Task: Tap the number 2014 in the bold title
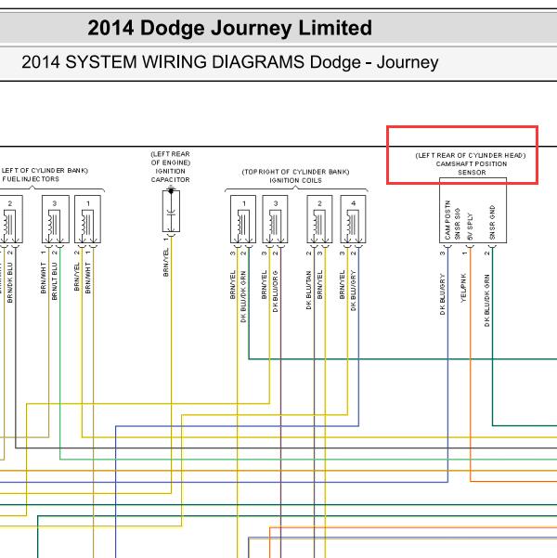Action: (x=111, y=28)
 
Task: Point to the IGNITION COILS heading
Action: (x=295, y=180)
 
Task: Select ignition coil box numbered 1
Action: (x=244, y=221)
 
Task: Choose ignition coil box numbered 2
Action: (x=319, y=221)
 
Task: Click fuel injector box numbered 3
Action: (x=55, y=221)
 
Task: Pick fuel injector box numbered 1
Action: (x=87, y=221)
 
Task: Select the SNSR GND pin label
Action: (x=493, y=223)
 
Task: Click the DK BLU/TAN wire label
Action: (x=309, y=289)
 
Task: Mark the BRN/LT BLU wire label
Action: (x=55, y=279)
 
